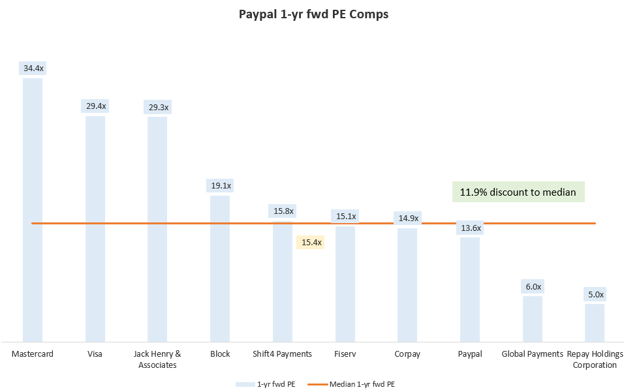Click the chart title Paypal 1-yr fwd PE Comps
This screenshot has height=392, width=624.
pos(313,14)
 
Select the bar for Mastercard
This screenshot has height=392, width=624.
pos(33,209)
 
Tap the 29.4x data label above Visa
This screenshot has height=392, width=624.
pos(95,106)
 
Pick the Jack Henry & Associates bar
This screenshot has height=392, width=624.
pos(157,228)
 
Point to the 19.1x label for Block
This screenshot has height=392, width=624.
pos(220,186)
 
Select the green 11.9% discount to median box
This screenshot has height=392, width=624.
pos(518,192)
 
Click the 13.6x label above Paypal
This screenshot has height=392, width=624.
pos(470,228)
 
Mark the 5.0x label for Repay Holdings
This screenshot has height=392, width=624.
pos(595,294)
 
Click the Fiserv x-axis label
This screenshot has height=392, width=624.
pos(345,354)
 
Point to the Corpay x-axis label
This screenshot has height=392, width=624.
pos(407,354)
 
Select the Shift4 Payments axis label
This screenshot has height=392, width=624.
pos(283,354)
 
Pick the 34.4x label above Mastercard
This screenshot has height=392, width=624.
pos(33,68)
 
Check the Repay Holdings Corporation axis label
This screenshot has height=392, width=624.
pos(595,359)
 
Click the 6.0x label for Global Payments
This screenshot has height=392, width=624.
pos(532,286)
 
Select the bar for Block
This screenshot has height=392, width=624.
pos(220,267)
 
